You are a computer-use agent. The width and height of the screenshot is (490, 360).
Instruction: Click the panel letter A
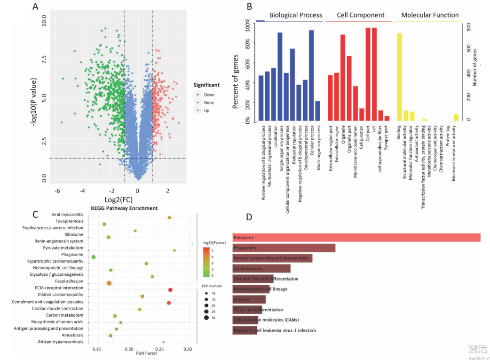coord(35,7)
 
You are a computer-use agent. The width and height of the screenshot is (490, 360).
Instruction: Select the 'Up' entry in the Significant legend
coord(206,110)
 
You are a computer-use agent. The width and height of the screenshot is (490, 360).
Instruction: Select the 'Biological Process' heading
coord(295,15)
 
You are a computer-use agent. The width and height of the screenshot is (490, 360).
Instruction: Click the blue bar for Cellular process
coord(311,75)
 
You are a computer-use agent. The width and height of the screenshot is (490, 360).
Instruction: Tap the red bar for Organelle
coord(343,78)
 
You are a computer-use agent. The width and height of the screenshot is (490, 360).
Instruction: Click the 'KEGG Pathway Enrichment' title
coord(124,208)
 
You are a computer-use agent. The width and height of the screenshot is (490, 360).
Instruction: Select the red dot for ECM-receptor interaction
coord(170,290)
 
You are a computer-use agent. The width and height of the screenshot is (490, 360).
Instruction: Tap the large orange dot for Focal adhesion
coord(109,283)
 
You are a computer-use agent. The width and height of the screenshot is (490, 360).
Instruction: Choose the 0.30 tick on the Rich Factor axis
coord(188,350)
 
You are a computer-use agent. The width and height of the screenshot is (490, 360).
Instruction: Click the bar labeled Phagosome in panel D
coord(284,248)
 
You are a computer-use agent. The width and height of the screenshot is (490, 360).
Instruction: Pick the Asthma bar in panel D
coord(249,299)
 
